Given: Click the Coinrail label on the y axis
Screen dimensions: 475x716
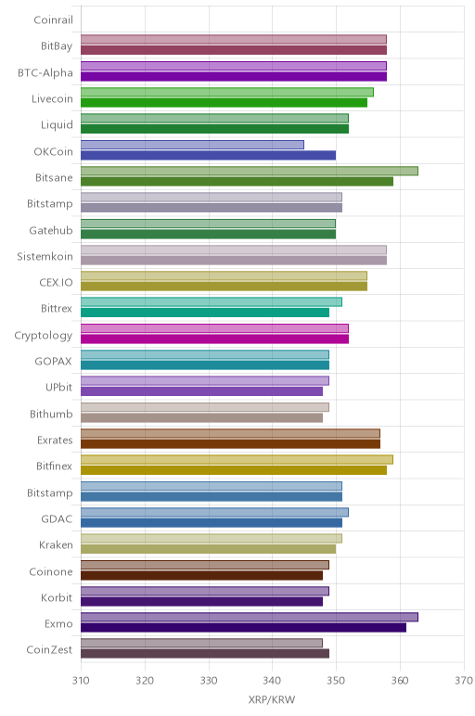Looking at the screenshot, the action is pos(53,20).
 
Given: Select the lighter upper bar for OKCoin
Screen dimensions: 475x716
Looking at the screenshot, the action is pos(192,145).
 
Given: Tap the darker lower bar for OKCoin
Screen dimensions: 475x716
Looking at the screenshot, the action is pos(208,155).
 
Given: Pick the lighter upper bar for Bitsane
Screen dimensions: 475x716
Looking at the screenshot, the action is pos(250,171).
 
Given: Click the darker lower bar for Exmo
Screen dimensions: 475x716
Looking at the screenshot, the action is pos(243,628).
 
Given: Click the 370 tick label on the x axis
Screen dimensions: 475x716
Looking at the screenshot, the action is pos(464,681).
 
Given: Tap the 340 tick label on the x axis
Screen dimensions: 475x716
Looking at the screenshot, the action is pos(272,681).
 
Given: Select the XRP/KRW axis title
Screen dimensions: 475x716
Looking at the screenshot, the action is pos(272,699).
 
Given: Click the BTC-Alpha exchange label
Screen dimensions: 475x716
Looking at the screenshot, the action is pos(45,73).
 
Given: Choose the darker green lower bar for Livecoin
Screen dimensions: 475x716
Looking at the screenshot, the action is pos(225,103).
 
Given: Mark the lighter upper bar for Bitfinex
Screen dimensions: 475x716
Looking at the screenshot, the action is pos(237,459).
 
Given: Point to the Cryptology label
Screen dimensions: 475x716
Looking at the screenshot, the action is pos(44,336).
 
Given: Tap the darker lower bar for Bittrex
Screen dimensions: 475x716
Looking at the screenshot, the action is pos(205,313).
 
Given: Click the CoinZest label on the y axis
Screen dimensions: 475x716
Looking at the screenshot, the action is pos(49,649).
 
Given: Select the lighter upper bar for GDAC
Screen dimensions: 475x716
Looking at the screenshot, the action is pos(214,512).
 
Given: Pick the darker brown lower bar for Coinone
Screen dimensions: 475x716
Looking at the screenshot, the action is pos(202,575).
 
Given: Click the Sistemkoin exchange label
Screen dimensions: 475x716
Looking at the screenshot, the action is pos(45,257).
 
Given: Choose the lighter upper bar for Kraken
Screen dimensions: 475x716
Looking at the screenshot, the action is pos(212,538).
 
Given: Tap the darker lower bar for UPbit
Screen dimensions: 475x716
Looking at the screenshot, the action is pos(202,391).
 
